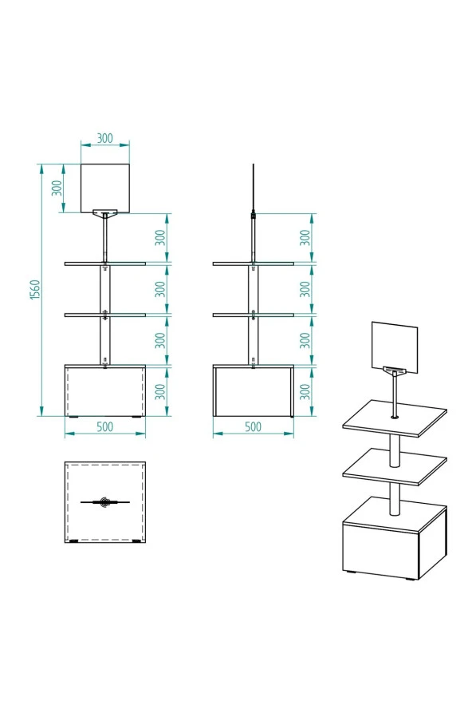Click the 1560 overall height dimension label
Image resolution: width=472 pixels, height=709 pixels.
tap(35, 289)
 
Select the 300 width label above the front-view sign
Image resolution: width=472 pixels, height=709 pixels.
tap(104, 138)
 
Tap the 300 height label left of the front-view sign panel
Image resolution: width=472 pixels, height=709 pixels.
tap(57, 188)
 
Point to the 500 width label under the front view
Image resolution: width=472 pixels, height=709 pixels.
tap(104, 427)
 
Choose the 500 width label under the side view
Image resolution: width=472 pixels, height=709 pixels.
tap(253, 427)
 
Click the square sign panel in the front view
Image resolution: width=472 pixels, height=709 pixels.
tap(105, 188)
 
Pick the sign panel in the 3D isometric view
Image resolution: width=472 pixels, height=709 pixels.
tap(395, 347)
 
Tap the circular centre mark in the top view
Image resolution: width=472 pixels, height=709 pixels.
tap(105, 501)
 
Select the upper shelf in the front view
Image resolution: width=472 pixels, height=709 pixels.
tap(105, 263)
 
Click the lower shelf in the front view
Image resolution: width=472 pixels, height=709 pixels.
tap(105, 315)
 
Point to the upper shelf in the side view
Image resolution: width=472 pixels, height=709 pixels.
tap(254, 263)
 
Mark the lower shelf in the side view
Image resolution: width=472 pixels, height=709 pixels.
tap(254, 315)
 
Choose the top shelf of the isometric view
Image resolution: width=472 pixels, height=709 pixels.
tap(395, 418)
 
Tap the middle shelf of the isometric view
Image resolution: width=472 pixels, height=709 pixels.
tap(395, 466)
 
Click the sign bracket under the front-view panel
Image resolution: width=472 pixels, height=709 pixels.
tap(105, 212)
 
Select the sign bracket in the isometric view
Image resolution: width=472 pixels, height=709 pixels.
tap(395, 370)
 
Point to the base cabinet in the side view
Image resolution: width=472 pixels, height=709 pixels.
tap(254, 390)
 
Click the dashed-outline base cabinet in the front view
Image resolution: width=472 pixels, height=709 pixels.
tap(105, 390)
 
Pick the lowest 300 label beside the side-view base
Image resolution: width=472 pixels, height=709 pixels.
tap(305, 391)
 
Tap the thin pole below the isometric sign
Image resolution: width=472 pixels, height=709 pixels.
tap(395, 396)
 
